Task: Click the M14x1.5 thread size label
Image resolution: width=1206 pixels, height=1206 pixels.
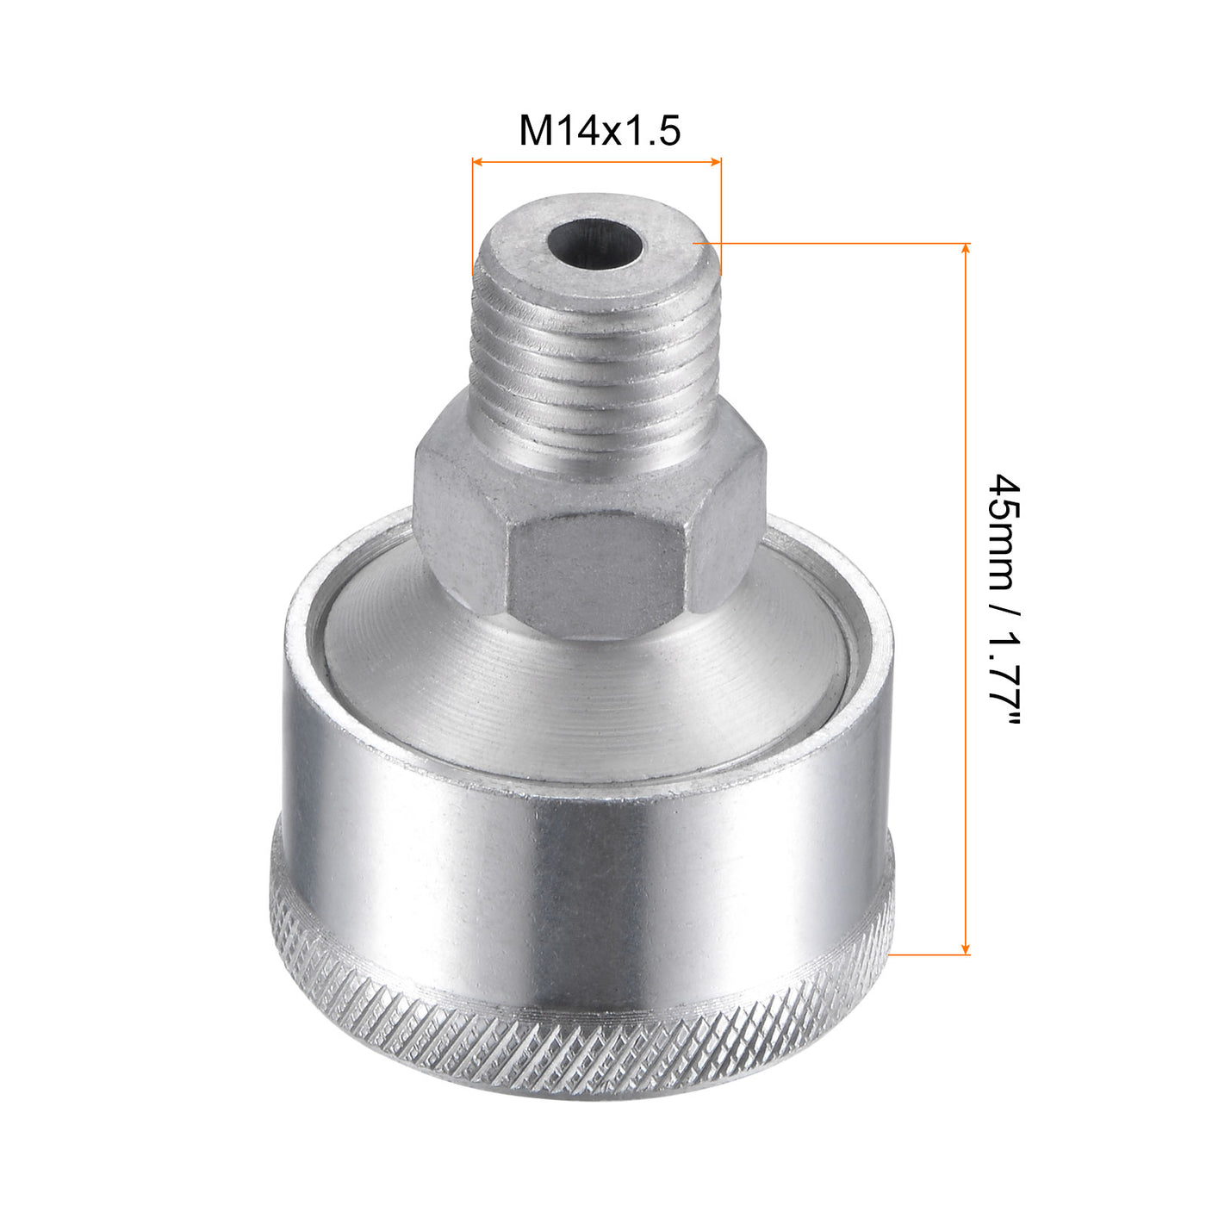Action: click(x=600, y=132)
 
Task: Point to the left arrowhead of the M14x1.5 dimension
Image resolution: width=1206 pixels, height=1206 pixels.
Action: click(x=476, y=160)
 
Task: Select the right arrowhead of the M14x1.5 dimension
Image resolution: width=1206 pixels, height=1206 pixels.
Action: click(x=716, y=160)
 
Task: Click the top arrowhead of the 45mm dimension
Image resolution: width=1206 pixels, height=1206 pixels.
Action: click(x=965, y=249)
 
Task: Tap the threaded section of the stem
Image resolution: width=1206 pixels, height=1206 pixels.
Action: click(x=594, y=353)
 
